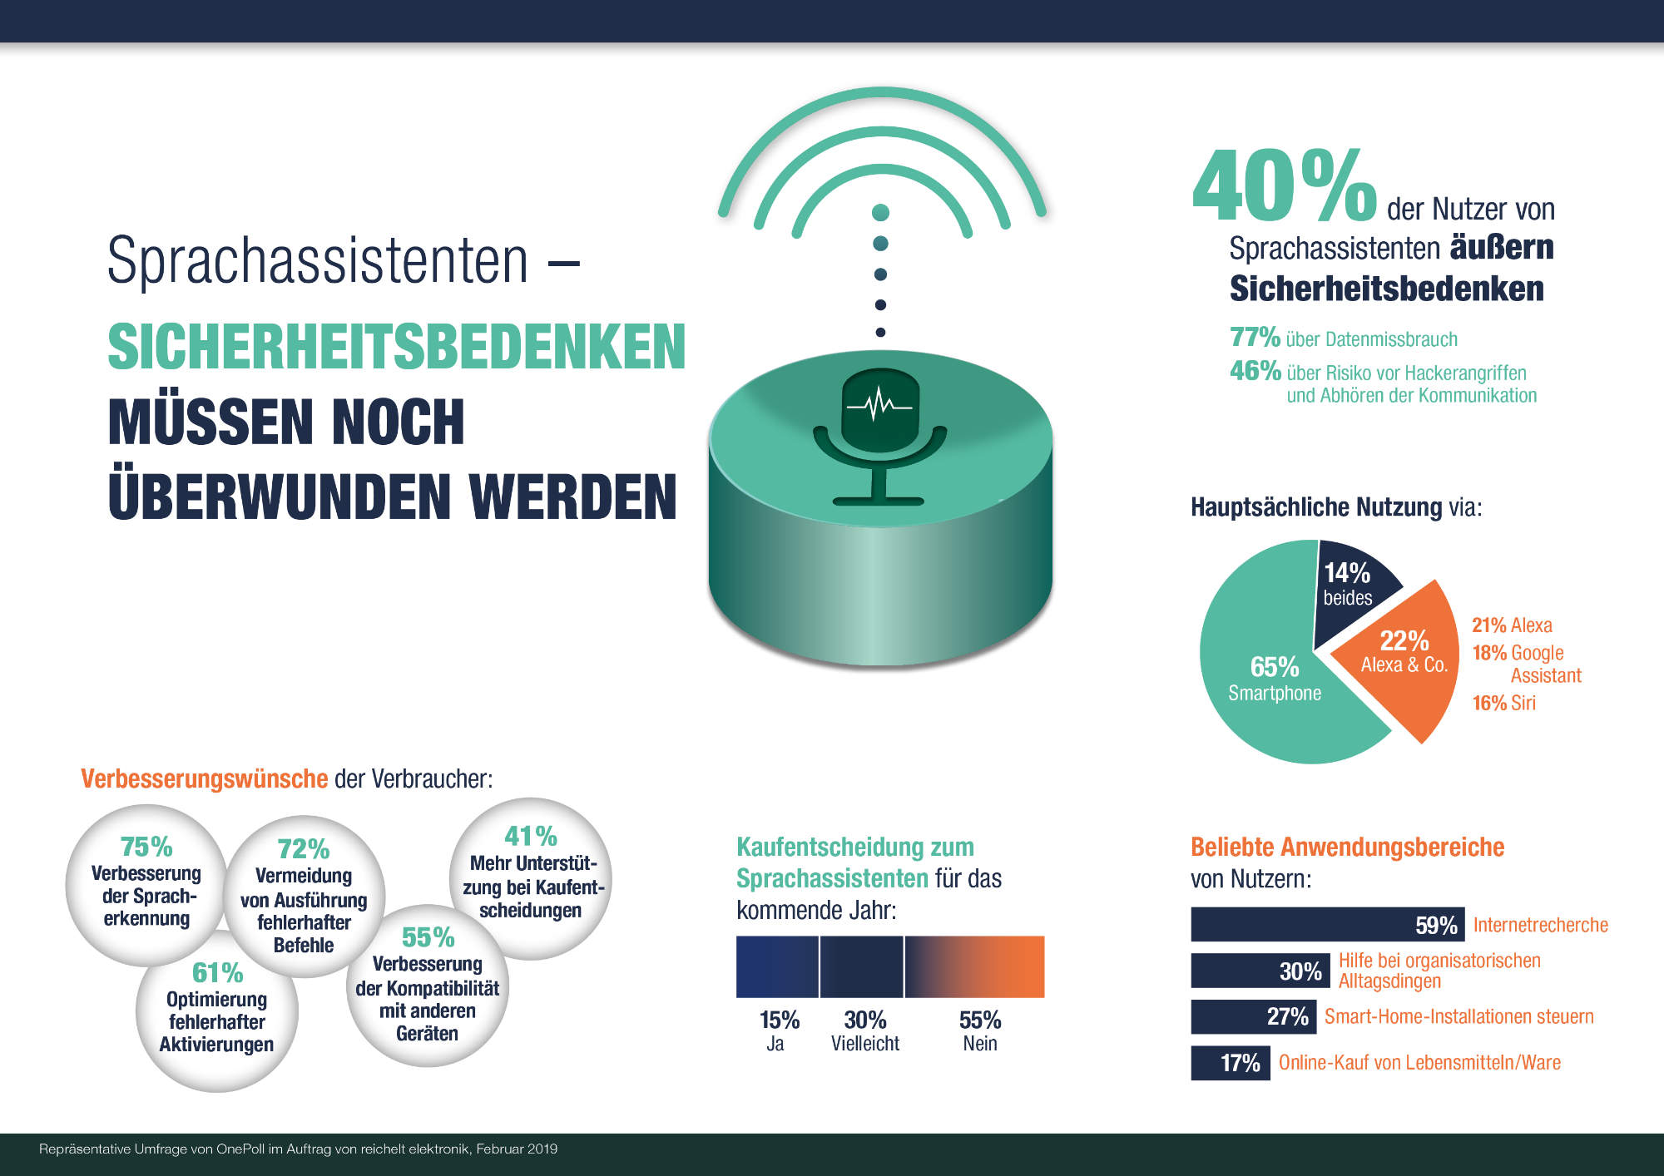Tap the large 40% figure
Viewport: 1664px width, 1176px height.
[1285, 186]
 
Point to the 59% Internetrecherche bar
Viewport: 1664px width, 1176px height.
[1327, 925]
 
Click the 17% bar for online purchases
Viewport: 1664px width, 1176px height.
[1230, 1063]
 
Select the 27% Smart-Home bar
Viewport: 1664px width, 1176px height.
[1253, 1016]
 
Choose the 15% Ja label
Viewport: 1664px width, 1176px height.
[779, 1030]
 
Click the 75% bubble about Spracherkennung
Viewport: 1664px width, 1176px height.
[146, 883]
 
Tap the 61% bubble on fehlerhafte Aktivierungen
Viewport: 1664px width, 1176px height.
[217, 1019]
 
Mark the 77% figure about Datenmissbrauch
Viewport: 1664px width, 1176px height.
[1255, 337]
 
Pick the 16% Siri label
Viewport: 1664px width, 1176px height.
[1503, 703]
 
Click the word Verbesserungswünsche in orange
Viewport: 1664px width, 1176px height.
[204, 778]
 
